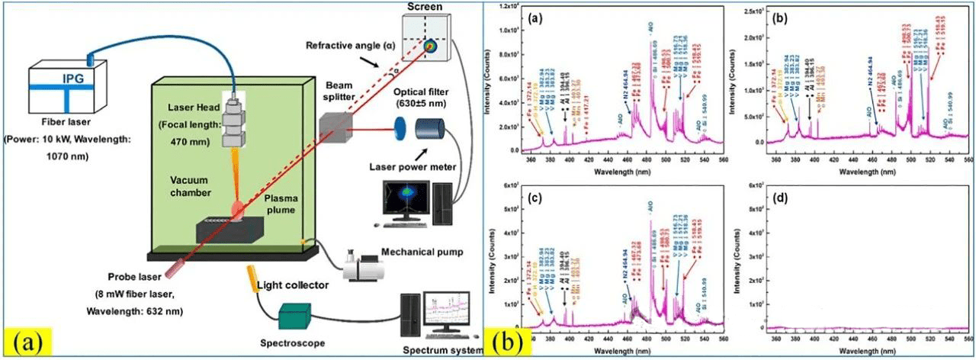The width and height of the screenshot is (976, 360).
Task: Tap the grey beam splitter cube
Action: point(336,124)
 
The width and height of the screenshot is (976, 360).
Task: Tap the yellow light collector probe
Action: point(253,278)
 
